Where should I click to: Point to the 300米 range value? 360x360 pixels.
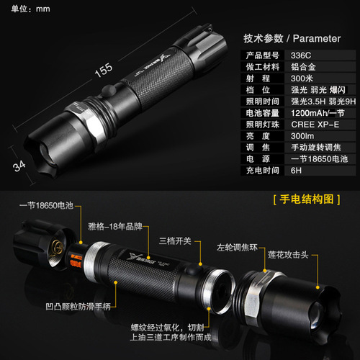[x=301, y=79]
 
